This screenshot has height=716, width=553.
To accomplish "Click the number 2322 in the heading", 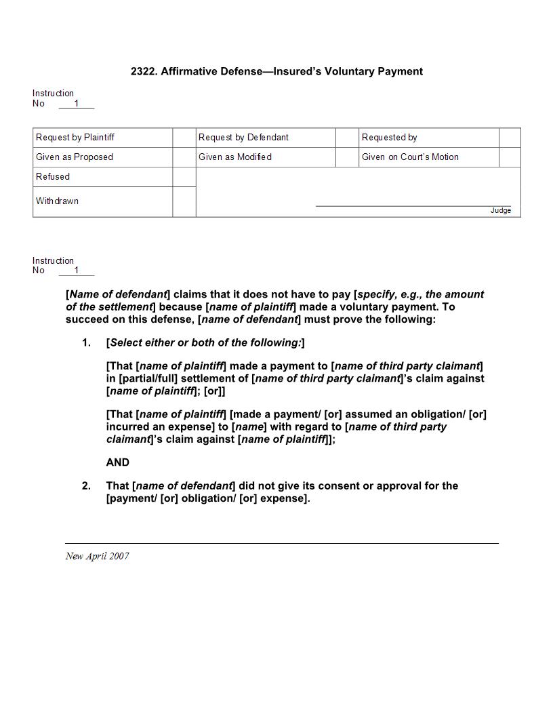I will [x=142, y=71].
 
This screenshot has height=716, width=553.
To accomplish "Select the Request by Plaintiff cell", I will [x=75, y=138].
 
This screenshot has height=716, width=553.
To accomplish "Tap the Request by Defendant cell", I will [x=243, y=138].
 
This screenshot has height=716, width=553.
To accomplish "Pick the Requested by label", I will [x=389, y=138].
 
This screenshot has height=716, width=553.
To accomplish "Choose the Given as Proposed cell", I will [x=75, y=157].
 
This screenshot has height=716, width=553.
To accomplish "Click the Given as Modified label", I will [x=235, y=157].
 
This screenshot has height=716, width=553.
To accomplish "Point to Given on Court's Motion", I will [x=410, y=157].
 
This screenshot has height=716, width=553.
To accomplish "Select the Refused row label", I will [x=53, y=177].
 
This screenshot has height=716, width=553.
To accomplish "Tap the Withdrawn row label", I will [x=57, y=201].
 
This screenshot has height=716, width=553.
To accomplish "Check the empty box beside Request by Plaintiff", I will [x=184, y=138].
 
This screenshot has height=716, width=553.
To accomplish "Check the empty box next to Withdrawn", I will [x=184, y=202].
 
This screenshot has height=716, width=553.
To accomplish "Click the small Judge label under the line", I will [x=501, y=211].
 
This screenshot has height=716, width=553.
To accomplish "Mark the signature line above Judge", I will [x=413, y=205].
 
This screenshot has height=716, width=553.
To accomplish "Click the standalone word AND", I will [x=117, y=462].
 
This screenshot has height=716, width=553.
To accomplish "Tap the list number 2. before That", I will [x=86, y=486].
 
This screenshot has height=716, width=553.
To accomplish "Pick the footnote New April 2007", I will [x=97, y=557].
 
